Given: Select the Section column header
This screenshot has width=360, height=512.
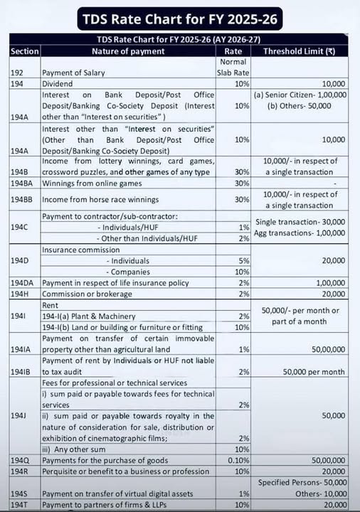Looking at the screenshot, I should point(23,50).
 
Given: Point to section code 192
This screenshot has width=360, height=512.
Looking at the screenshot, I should point(18,73).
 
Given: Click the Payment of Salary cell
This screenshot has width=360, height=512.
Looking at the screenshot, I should point(75,73).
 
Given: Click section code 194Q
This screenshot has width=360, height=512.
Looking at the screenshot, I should point(21,480).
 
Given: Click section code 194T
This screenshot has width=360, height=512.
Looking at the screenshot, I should point(20,505).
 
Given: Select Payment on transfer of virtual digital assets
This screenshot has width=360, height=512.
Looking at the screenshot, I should point(115,495).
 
